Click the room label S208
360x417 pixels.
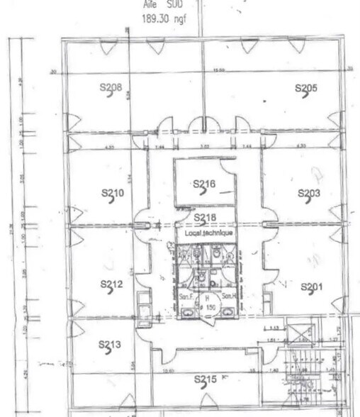coord(111,89)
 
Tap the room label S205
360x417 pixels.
coord(306,89)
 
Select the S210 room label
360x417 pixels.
coord(112,193)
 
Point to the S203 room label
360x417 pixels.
coord(309,193)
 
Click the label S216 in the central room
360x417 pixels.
coord(203,184)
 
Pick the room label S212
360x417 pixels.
coord(112,285)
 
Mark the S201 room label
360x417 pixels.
coord(312,287)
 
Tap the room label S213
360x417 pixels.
coord(111,345)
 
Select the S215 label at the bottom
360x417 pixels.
coord(205,380)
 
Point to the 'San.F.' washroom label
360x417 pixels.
coord(186,296)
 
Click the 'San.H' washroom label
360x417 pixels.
coord(228,296)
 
